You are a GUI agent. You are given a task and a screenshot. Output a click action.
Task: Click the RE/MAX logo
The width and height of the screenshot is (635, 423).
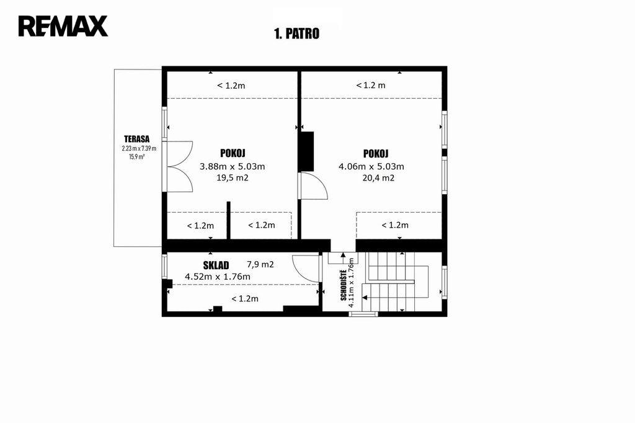63,26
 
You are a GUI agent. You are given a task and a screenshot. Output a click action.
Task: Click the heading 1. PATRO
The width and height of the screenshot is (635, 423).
297,33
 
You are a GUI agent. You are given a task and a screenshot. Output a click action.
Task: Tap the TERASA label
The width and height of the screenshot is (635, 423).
137,139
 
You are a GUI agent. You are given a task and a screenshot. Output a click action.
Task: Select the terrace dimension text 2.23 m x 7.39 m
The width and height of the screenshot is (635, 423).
139,148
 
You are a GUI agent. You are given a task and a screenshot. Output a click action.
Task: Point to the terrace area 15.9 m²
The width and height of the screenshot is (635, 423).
137,157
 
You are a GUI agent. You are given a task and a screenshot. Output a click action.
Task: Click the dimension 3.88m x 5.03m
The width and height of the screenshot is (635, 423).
233,166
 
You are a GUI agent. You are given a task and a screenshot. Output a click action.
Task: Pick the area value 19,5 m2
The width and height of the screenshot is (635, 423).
233,177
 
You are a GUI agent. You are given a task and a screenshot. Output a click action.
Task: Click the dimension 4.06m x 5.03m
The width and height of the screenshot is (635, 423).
371,166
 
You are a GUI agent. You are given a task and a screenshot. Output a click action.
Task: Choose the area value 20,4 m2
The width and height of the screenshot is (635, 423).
378,178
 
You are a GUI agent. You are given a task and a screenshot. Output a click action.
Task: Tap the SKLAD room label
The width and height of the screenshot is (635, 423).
216,265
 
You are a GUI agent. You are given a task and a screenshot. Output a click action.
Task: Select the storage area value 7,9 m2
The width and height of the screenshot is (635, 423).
260,265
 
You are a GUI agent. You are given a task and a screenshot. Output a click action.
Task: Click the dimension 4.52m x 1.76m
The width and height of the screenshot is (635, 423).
218,277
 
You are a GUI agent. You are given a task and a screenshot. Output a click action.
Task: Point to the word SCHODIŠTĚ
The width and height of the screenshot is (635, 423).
344,285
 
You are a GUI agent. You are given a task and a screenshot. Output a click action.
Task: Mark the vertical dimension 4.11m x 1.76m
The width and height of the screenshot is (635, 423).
352,282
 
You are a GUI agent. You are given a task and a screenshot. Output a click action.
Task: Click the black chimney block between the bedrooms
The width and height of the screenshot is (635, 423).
306,151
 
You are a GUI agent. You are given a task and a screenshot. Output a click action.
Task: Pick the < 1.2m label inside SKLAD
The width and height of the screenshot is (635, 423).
245,299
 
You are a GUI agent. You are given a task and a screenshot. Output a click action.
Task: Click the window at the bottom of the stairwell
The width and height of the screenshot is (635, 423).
363,314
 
